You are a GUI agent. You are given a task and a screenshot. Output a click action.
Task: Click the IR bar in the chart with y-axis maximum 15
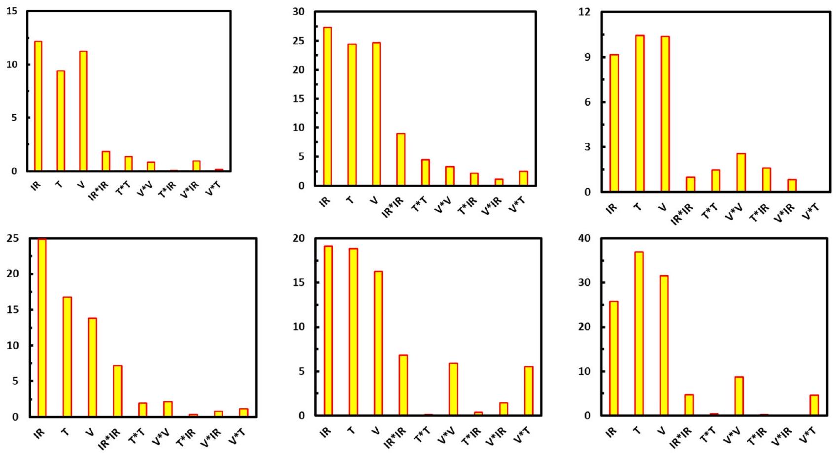[38, 106]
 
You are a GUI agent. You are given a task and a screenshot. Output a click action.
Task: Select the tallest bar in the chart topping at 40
[639, 333]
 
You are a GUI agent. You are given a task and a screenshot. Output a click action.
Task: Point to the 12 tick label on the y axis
[584, 12]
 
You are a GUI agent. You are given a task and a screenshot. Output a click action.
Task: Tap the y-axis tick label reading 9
[587, 57]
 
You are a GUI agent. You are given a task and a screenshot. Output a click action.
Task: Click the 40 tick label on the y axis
[584, 238]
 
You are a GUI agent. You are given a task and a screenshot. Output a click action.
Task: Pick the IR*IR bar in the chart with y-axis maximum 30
[401, 159]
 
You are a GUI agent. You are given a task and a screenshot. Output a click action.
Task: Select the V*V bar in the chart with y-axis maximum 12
[741, 172]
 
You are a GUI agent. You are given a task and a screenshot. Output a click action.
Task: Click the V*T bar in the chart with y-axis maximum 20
[529, 391]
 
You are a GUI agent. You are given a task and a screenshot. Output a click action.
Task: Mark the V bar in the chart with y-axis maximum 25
[92, 367]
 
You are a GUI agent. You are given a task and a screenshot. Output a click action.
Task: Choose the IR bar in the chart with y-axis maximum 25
[42, 327]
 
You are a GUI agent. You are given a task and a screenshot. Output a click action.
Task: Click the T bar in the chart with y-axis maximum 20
[353, 331]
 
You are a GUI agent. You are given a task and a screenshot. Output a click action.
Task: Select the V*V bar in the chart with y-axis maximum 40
[739, 396]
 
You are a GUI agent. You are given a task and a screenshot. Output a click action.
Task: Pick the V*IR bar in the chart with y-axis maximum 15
[197, 165]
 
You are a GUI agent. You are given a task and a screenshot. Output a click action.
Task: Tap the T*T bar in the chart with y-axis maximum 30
[425, 172]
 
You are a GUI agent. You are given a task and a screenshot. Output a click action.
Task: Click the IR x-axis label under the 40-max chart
[611, 432]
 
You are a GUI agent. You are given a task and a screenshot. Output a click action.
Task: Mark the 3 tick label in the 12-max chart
[587, 147]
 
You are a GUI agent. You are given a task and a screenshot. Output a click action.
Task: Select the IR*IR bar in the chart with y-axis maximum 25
[117, 391]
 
